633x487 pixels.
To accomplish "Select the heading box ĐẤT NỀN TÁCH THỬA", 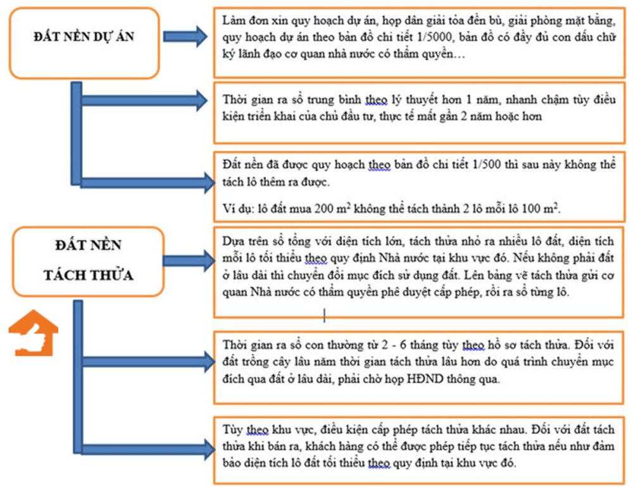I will (88, 261).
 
